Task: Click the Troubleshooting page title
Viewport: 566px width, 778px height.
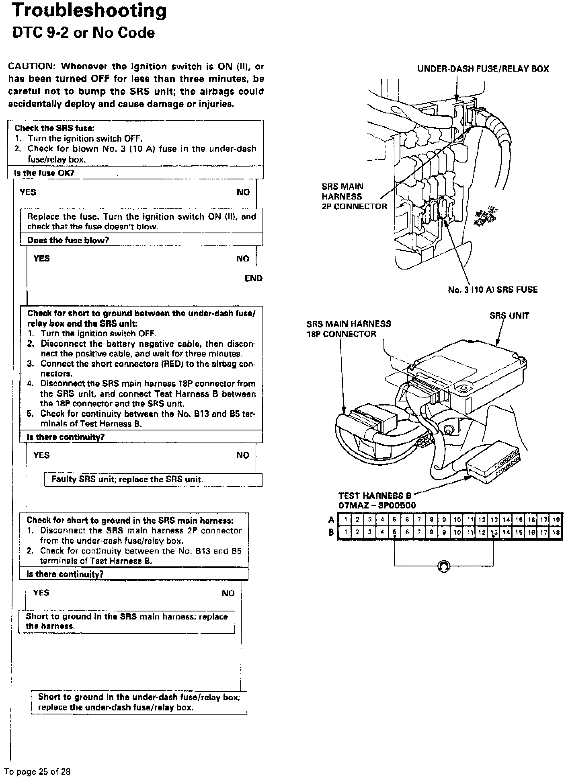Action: pyautogui.click(x=89, y=11)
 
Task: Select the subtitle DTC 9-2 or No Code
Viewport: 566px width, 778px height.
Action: pyautogui.click(x=84, y=33)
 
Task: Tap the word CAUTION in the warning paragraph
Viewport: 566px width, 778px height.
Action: pyautogui.click(x=31, y=66)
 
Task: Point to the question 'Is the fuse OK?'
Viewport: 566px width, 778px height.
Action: pyautogui.click(x=45, y=173)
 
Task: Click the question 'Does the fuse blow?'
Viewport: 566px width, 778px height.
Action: pyautogui.click(x=68, y=241)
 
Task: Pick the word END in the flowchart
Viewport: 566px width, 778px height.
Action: pyautogui.click(x=253, y=278)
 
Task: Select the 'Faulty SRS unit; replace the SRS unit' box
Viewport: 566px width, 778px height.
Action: pyautogui.click(x=153, y=480)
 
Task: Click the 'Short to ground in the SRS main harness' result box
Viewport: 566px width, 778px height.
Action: pyautogui.click(x=126, y=622)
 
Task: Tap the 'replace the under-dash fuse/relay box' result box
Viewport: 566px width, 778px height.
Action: pyautogui.click(x=139, y=702)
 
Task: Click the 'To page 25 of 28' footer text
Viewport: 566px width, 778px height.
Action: pyautogui.click(x=37, y=772)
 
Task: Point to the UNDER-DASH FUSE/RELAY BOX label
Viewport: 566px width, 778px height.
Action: pyautogui.click(x=483, y=69)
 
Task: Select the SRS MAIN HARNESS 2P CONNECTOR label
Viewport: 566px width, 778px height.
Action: pyautogui.click(x=354, y=197)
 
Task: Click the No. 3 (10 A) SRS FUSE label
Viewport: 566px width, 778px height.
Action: pyautogui.click(x=492, y=290)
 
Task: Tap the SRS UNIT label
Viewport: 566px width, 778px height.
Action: pyautogui.click(x=509, y=316)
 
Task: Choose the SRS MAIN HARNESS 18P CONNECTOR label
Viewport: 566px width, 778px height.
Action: pyautogui.click(x=349, y=329)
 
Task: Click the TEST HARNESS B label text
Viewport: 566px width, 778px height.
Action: pyautogui.click(x=375, y=496)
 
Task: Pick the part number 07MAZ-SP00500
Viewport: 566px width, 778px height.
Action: pyautogui.click(x=377, y=505)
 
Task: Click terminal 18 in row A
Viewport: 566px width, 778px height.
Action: pyautogui.click(x=556, y=520)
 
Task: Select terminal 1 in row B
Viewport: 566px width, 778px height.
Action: pyautogui.click(x=345, y=533)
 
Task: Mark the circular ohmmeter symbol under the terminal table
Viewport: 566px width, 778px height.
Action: pyautogui.click(x=443, y=566)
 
